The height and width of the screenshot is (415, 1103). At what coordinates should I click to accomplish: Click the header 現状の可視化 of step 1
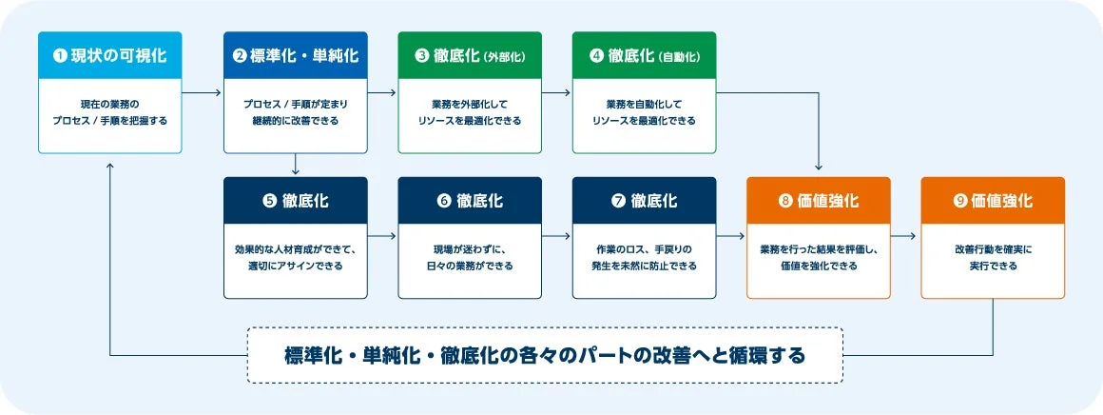[109, 55]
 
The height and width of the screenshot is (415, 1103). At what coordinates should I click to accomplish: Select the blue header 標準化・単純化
[295, 55]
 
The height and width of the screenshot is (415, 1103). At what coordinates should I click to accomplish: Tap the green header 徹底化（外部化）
[470, 55]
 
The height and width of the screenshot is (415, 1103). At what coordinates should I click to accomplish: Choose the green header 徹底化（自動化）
[644, 55]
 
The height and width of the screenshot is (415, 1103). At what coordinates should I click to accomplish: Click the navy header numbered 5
[295, 201]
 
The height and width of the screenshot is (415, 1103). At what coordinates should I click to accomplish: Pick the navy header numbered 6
[470, 201]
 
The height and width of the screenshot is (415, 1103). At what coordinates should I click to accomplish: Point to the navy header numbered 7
[644, 201]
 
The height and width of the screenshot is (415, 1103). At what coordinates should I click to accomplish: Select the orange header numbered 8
[819, 201]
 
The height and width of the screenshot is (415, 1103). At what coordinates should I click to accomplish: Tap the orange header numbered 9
[993, 201]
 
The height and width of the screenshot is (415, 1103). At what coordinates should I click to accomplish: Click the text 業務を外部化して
[470, 103]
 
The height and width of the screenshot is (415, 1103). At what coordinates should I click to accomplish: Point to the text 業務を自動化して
[644, 103]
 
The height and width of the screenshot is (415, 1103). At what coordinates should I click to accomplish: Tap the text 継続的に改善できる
[295, 121]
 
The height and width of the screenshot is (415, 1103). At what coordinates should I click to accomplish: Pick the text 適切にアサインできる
[295, 267]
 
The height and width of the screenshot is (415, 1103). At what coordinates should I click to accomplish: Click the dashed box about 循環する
[545, 355]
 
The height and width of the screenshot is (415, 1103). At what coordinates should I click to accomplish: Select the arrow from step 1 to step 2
[202, 92]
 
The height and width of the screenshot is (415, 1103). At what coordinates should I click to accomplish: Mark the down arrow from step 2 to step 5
[296, 165]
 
